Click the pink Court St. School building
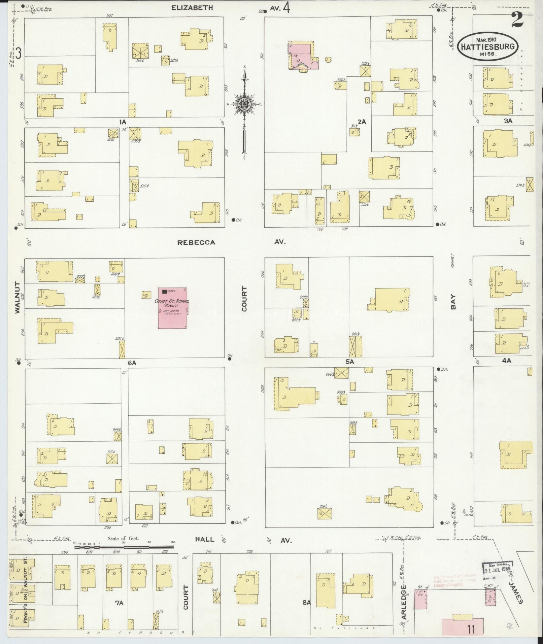click(173, 308)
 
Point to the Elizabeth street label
click(192, 8)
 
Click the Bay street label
click(453, 302)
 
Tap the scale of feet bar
click(125, 547)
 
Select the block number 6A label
click(132, 363)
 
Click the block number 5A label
click(350, 362)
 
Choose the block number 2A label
click(362, 122)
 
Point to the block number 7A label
click(119, 603)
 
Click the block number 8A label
click(306, 603)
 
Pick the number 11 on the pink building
click(471, 629)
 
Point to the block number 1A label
click(122, 122)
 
